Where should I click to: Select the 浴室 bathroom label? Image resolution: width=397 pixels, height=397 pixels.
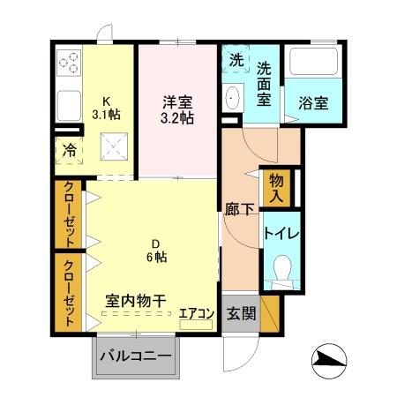coord(312,102)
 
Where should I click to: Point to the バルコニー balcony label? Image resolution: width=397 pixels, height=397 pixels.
coord(135,357)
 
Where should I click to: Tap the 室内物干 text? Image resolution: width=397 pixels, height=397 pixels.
coord(137,301)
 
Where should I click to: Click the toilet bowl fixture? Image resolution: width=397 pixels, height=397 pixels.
coord(281,269)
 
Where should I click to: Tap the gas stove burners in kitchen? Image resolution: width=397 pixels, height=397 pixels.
coord(69,64)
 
